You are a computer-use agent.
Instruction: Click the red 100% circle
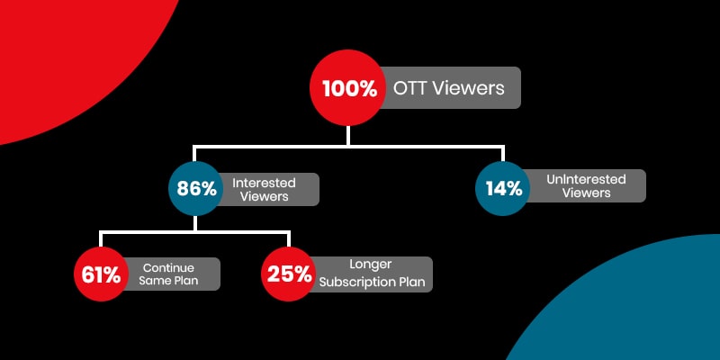347,89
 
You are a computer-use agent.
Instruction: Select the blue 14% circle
502,189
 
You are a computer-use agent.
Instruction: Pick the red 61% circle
101,274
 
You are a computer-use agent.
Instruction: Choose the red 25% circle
289,274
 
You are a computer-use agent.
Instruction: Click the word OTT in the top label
410,89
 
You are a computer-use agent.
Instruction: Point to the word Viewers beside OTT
467,89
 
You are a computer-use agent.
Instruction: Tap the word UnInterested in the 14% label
586,179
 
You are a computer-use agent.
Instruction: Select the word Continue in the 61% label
167,266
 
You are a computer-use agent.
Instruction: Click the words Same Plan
167,281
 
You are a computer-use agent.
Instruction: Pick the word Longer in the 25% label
370,265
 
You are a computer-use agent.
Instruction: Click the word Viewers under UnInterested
586,193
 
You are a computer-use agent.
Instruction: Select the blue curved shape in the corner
648,306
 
